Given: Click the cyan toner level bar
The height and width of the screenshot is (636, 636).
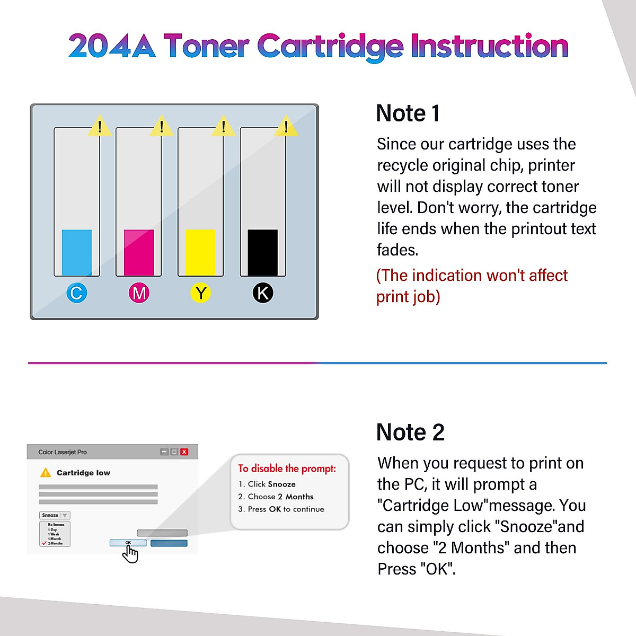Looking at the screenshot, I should click(77, 252).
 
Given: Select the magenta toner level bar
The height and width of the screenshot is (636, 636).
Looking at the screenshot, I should click(139, 252).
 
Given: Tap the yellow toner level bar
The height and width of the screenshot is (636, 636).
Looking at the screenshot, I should click(200, 252).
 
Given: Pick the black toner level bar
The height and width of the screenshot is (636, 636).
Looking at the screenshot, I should click(263, 252).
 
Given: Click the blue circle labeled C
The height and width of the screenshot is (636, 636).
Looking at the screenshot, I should click(76, 293).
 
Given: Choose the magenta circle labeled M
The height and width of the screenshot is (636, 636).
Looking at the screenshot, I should click(139, 293).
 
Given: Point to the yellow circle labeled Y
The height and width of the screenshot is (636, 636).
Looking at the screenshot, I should click(201, 293).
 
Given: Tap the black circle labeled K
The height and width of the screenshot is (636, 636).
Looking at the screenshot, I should click(263, 293).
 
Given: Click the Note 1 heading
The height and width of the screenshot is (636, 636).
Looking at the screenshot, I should click(408, 113).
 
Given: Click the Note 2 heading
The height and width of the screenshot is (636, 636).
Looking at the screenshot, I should click(410, 432).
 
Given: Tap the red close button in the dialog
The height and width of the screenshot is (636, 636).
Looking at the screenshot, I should click(184, 452).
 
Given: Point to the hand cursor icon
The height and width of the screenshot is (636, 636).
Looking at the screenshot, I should click(130, 554).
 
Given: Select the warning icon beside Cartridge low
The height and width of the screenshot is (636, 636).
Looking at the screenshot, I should click(46, 472).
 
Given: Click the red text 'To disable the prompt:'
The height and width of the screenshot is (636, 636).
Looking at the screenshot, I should click(287, 469).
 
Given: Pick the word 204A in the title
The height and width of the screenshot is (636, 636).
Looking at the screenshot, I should click(112, 46).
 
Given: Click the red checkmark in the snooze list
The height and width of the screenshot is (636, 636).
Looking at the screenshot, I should click(44, 543).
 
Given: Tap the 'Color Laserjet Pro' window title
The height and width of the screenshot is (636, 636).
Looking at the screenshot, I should click(63, 452).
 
